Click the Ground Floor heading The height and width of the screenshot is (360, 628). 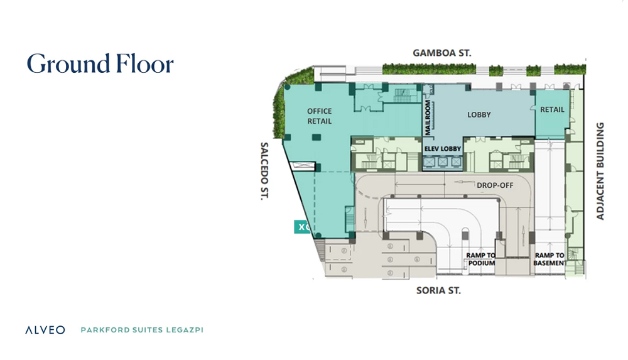[100, 64]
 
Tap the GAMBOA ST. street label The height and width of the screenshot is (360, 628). [441, 53]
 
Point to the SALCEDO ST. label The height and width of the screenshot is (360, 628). [264, 171]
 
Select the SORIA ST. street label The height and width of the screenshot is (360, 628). [438, 290]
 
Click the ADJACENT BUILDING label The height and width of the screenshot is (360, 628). [600, 171]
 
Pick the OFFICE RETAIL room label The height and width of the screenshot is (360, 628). [319, 116]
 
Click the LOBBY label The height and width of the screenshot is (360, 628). [479, 114]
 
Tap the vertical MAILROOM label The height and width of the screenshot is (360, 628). [428, 117]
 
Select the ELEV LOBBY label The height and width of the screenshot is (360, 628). [443, 149]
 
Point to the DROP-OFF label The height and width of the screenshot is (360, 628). [495, 185]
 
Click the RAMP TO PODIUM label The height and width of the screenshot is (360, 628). [481, 259]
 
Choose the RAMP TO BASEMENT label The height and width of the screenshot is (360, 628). [549, 259]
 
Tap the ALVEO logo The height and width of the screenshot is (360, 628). [45, 330]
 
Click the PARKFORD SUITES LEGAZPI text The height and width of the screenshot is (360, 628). [142, 330]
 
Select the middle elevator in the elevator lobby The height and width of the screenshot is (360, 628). [443, 162]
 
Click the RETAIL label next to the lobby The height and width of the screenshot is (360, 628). [552, 109]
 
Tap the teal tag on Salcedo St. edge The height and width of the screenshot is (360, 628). [303, 227]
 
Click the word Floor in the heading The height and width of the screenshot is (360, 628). [145, 64]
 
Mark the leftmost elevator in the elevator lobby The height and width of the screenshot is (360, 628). [429, 162]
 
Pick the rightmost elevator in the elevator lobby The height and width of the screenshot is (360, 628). [456, 162]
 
